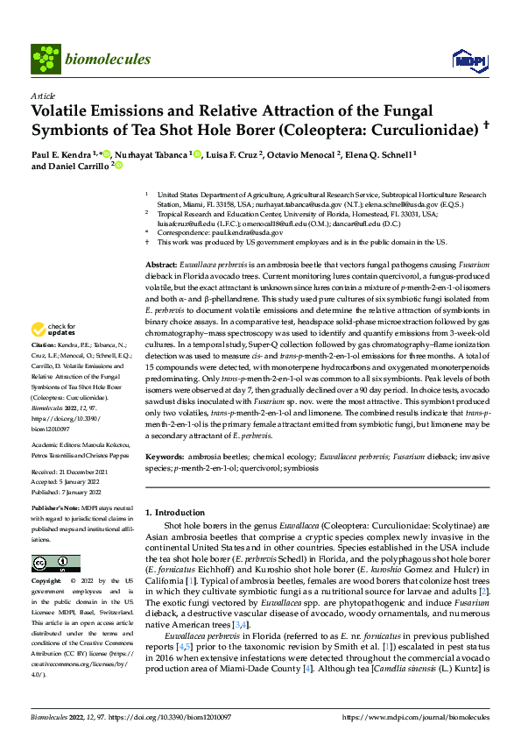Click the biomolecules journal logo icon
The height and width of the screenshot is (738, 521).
tap(44, 58)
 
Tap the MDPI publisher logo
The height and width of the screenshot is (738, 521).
tap(464, 59)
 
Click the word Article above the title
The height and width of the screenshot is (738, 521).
tap(43, 96)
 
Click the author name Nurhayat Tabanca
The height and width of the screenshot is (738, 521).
tap(151, 155)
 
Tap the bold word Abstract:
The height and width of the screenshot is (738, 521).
tap(161, 264)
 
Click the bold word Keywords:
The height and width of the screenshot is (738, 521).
tap(165, 457)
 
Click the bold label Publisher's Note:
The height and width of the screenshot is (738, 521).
tap(56, 507)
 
